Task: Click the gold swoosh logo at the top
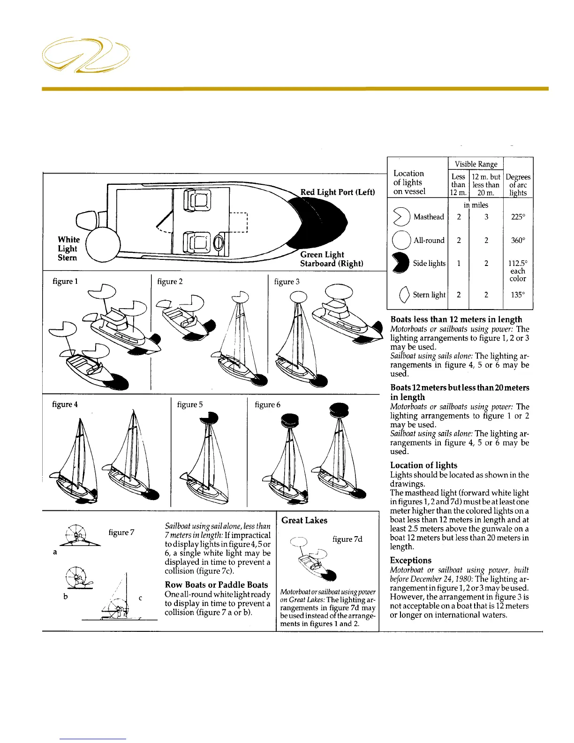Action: tap(86, 55)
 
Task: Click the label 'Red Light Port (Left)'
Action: tap(337, 192)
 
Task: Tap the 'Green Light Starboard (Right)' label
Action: tap(331, 259)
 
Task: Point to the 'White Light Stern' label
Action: tap(68, 249)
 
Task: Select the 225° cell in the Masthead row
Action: tap(518, 217)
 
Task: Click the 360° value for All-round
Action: tap(518, 240)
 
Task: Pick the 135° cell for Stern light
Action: tap(518, 295)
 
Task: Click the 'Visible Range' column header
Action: tap(476, 164)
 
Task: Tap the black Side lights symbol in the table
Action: tap(401, 264)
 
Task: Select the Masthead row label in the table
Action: tap(428, 217)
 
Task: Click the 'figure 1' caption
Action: tap(65, 281)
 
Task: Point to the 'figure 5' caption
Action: tap(190, 404)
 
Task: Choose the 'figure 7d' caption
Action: tap(347, 539)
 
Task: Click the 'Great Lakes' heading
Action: tap(304, 520)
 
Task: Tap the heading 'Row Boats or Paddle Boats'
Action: tap(216, 585)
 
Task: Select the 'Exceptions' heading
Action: tap(411, 561)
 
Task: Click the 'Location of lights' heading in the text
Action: tap(423, 465)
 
